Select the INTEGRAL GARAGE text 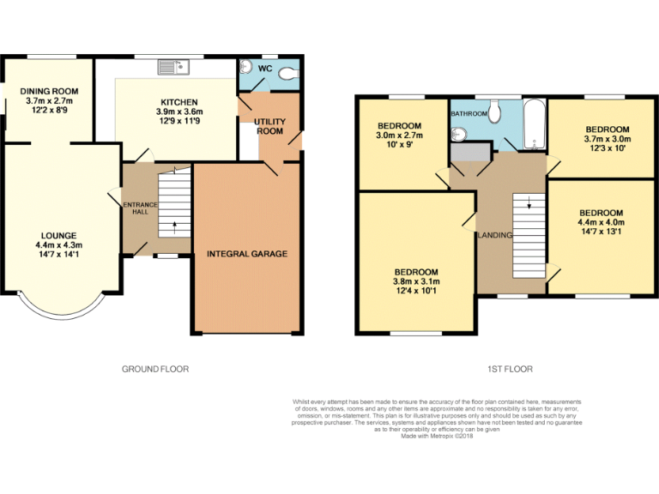246,254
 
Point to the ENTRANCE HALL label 137,208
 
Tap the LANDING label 495,235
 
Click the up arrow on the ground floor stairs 175,228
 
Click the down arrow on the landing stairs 529,204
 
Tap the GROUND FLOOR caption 154,369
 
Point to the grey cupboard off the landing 470,152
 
